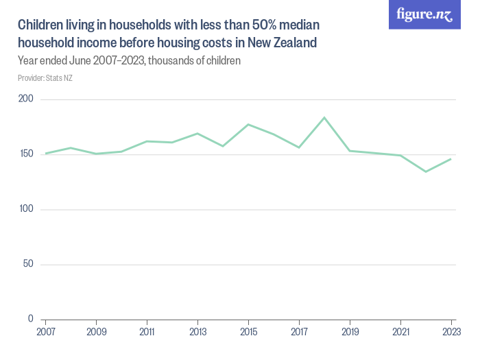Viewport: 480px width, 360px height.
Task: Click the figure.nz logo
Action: pos(425,15)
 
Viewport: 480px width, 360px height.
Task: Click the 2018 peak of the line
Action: pos(324,117)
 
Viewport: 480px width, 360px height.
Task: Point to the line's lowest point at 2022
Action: pos(426,171)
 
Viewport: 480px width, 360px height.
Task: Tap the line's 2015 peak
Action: pos(248,124)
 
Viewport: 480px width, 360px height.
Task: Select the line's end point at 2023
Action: pos(451,159)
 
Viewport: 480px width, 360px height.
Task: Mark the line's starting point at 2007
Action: pos(45,154)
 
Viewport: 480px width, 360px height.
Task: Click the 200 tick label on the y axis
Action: pos(26,99)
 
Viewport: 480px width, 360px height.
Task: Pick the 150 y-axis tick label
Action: pos(26,154)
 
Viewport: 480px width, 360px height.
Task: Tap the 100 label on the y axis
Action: pos(26,209)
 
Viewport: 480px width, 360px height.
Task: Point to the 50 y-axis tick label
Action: pos(28,264)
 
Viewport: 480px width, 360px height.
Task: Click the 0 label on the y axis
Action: pos(31,319)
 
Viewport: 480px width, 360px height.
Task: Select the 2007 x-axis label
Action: pos(45,331)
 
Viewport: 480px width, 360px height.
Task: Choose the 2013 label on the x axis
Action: pos(197,331)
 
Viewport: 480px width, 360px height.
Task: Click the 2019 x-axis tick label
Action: pos(350,331)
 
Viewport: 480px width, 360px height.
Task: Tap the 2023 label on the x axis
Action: pos(451,331)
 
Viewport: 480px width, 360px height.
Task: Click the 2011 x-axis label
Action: pos(147,331)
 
